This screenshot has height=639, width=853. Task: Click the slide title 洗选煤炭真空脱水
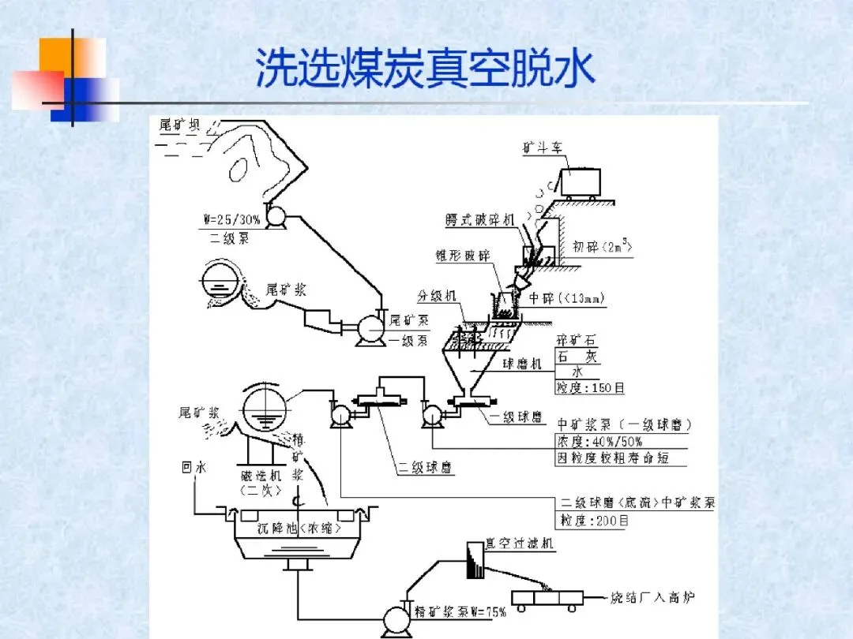pyautogui.click(x=425, y=69)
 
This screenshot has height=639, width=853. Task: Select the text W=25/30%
pyautogui.click(x=228, y=220)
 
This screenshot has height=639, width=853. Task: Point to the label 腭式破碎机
pyautogui.click(x=479, y=220)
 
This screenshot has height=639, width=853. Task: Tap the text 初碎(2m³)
pyautogui.click(x=603, y=247)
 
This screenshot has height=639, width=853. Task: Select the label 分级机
pyautogui.click(x=437, y=296)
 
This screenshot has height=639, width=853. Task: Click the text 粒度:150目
pyautogui.click(x=592, y=387)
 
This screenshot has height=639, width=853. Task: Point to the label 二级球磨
pyautogui.click(x=426, y=468)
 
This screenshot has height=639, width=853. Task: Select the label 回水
pyautogui.click(x=194, y=468)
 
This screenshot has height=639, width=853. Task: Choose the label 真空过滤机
pyautogui.click(x=520, y=544)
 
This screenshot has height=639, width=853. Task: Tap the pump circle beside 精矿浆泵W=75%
pyautogui.click(x=393, y=619)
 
